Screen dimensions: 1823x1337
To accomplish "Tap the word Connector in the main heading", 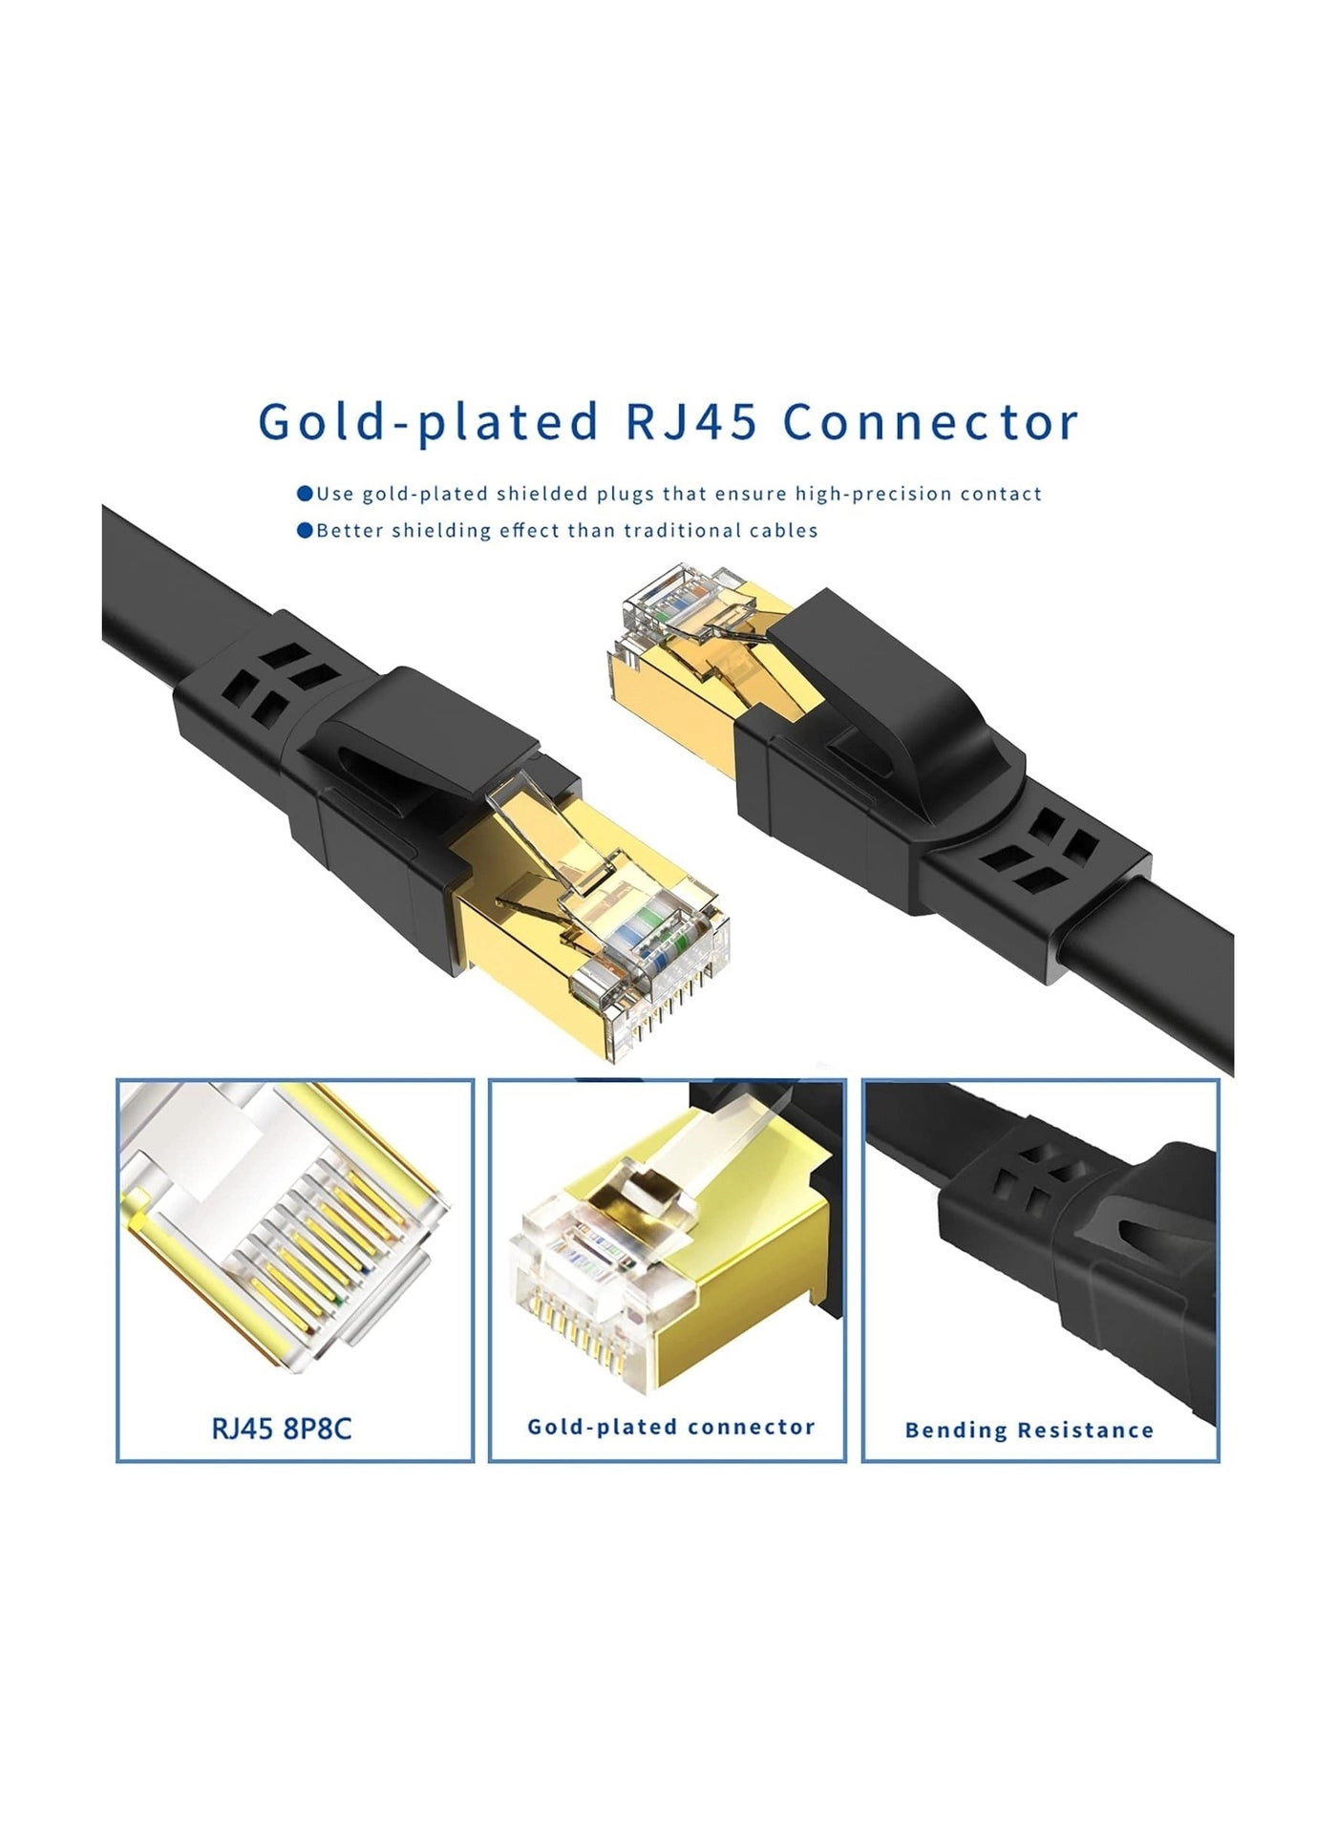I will click(x=931, y=421).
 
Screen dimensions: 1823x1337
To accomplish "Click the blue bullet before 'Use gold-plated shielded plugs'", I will click(x=305, y=494).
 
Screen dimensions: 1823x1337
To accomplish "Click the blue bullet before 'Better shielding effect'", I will click(x=305, y=530).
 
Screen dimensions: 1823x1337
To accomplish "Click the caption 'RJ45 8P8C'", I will click(x=282, y=1428).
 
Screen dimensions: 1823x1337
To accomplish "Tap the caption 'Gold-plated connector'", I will click(x=670, y=1427).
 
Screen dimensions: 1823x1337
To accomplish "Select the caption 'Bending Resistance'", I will click(x=1029, y=1430).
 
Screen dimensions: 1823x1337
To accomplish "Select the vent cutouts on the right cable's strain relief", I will click(x=1041, y=840).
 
